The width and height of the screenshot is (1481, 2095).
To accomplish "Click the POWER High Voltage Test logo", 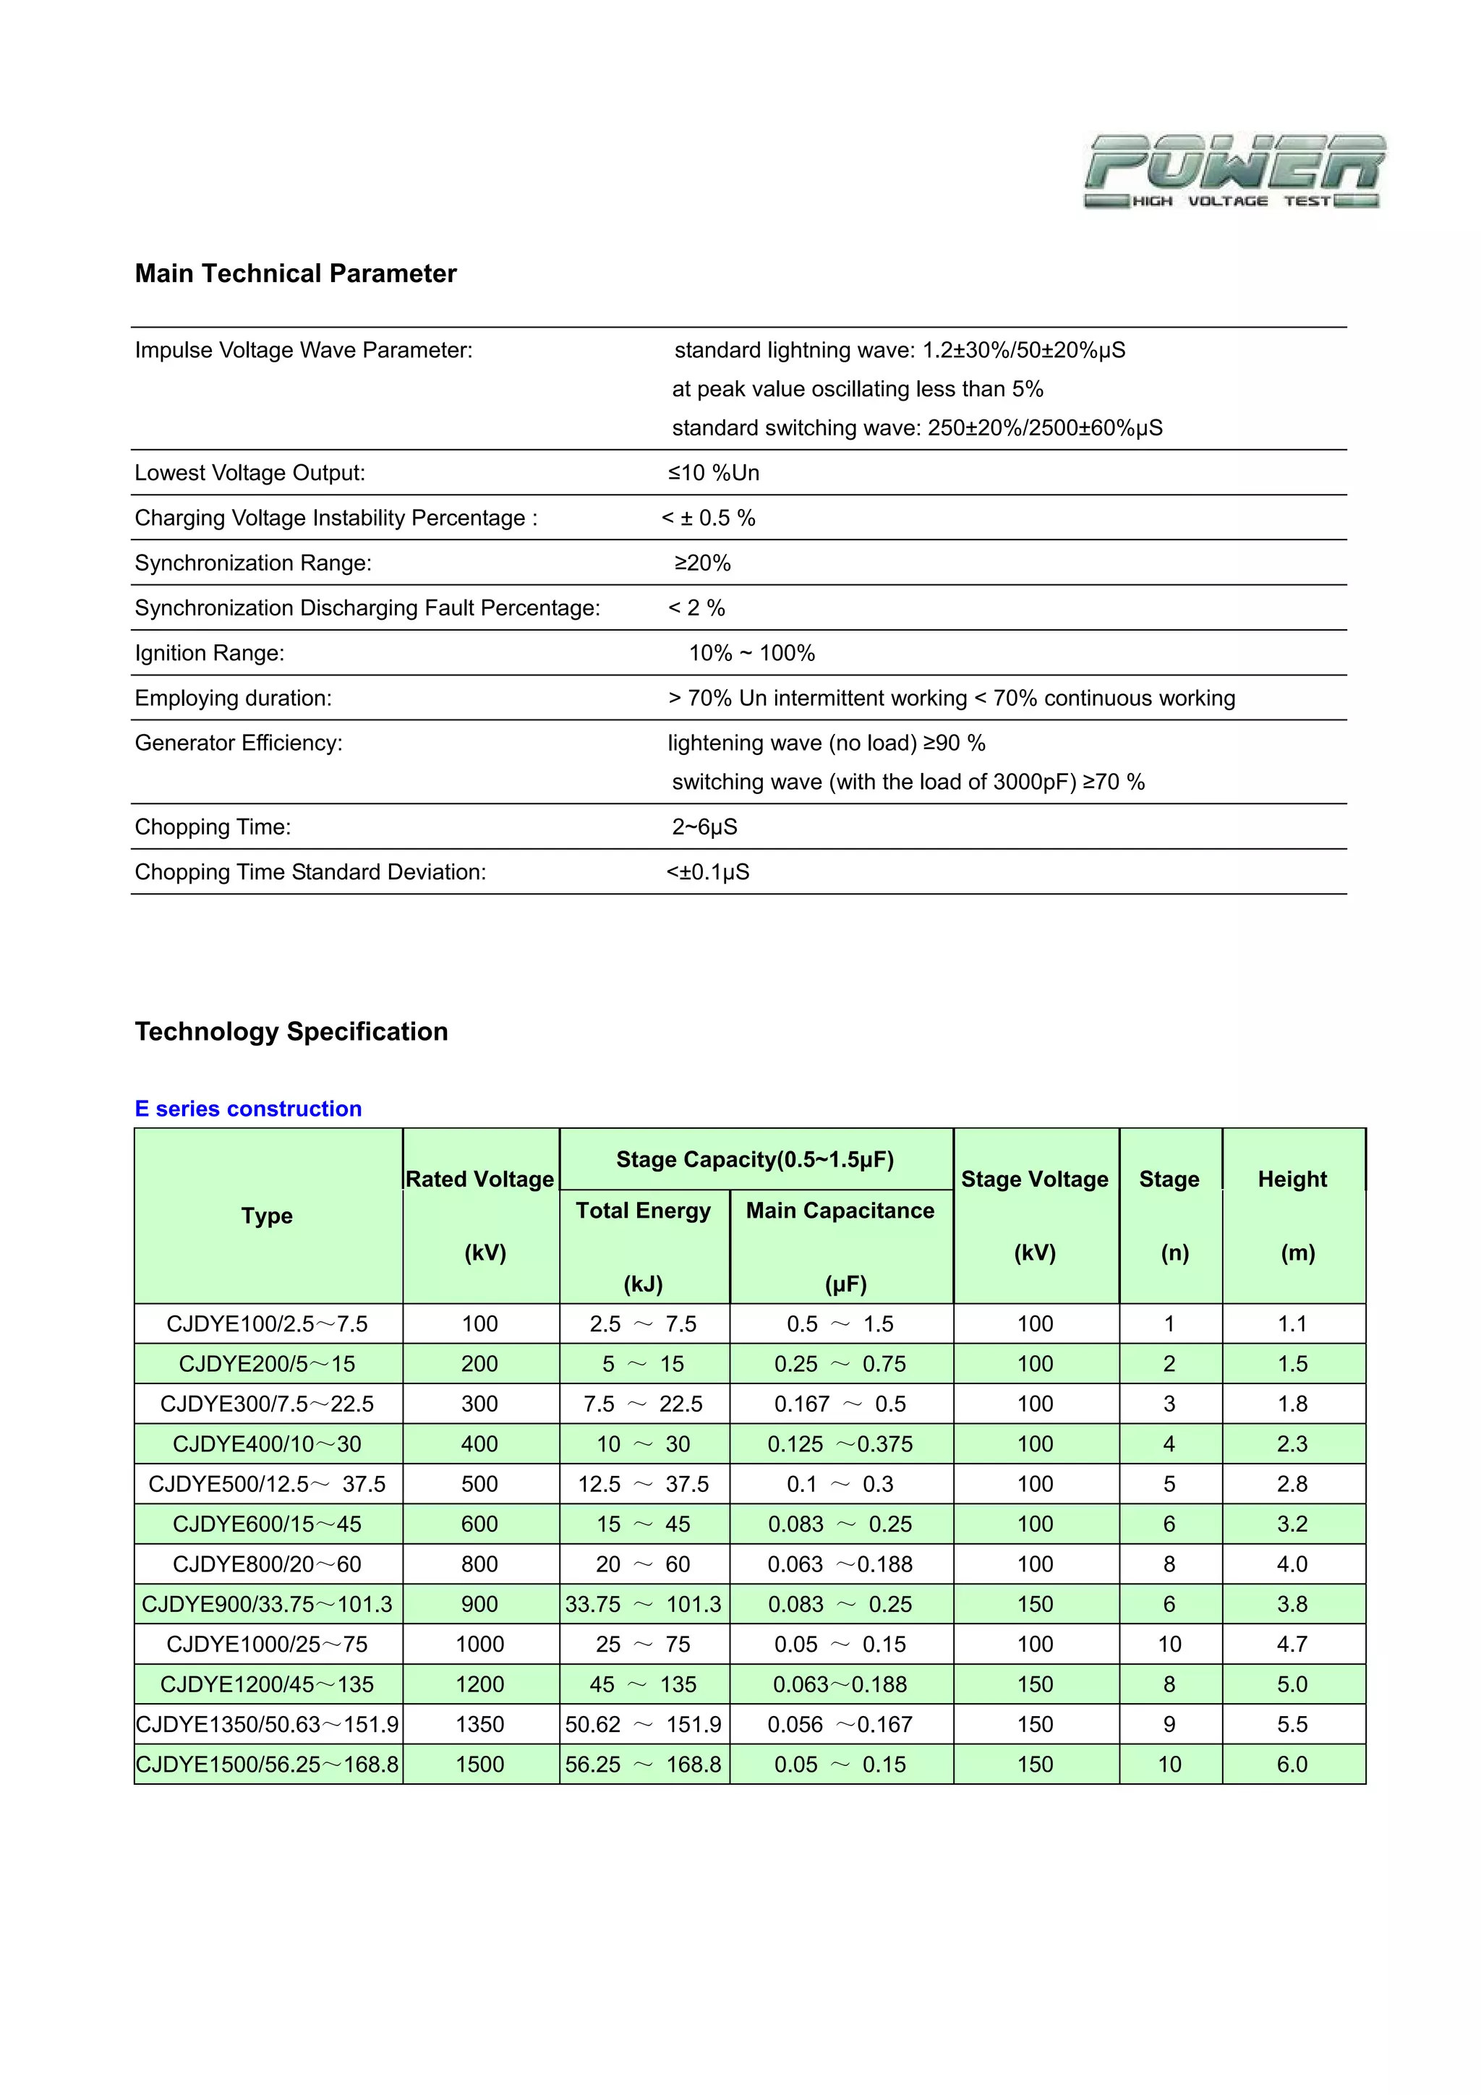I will point(1234,171).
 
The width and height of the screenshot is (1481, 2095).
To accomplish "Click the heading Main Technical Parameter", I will point(296,274).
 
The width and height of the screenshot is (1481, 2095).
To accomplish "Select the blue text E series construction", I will point(248,1109).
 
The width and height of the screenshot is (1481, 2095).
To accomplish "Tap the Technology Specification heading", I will point(291,1031).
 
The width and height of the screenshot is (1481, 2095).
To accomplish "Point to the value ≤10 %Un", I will point(713,473).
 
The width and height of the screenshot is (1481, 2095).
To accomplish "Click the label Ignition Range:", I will point(209,653).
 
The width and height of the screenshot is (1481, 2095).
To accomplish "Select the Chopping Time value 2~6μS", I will point(704,827).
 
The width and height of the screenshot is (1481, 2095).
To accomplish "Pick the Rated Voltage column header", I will point(480,1179).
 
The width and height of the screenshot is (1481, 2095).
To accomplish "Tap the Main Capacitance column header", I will point(840,1211).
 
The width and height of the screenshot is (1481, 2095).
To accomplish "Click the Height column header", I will point(1292,1179).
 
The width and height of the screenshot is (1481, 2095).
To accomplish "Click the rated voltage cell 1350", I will point(480,1725).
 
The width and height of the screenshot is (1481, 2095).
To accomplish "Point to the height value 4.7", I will point(1292,1644).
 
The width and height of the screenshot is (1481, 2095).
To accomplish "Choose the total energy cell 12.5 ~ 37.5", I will point(644,1485).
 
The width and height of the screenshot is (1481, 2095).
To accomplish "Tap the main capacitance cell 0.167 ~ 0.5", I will point(840,1404).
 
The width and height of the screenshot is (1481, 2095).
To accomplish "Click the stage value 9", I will point(1169,1725).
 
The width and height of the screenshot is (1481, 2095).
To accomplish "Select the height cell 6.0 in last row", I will point(1292,1765).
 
